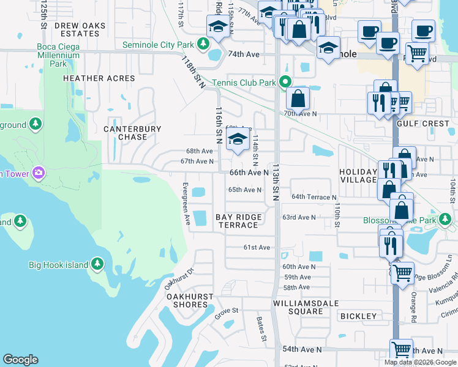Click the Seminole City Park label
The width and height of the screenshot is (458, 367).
coord(158,45)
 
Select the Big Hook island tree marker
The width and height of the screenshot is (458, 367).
coord(97,264)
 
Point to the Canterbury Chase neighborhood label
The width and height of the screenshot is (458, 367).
coord(132,133)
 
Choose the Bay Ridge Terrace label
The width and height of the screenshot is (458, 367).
coord(238,221)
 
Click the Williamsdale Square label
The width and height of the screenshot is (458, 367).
coord(298,307)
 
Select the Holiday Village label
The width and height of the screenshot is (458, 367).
coord(358,176)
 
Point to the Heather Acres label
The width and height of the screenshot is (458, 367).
coord(99,78)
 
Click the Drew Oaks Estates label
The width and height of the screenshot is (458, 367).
coord(80,29)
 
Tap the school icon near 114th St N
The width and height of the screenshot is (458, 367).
coord(238,140)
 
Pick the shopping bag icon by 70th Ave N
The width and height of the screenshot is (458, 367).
coord(298,98)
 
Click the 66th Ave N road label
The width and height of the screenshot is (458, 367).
coord(249,173)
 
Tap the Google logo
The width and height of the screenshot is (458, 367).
coord(21,360)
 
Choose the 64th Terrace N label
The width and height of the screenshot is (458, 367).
coord(313,197)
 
